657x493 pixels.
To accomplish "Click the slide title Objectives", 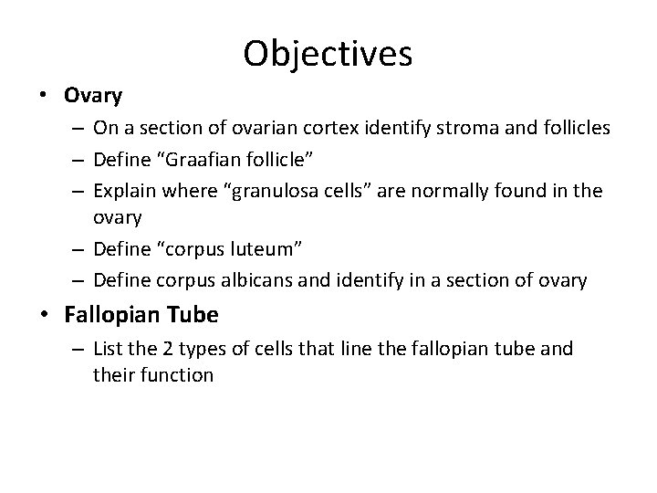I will click(328, 53).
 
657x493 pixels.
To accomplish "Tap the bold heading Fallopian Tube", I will click(141, 315).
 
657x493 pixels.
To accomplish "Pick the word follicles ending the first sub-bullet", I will click(577, 128).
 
